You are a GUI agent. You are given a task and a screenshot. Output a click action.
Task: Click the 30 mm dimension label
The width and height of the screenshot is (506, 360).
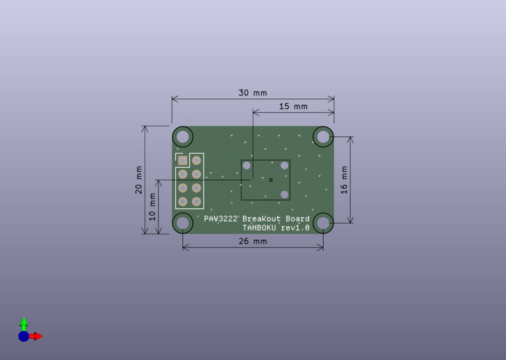coord(253,93)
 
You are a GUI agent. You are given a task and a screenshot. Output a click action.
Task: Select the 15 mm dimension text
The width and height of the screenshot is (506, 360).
coord(294,107)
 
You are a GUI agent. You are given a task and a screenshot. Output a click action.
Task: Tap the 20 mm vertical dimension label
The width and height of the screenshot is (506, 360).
coord(139,180)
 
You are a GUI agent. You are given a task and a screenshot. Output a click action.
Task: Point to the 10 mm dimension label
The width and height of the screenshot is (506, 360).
coord(152,207)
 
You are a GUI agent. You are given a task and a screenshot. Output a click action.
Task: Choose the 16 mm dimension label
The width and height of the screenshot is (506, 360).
coord(344,180)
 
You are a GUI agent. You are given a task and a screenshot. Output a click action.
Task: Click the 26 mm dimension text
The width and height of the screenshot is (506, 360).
coord(253,241)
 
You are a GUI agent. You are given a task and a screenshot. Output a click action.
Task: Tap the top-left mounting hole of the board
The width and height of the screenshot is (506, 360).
coord(183,137)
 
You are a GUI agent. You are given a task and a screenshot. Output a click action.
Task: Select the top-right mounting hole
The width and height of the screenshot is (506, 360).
coord(323,137)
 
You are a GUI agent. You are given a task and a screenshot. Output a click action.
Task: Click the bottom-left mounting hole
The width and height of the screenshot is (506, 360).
coord(183,223)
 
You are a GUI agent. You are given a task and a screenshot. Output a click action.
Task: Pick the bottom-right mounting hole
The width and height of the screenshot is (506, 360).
coord(323,223)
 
